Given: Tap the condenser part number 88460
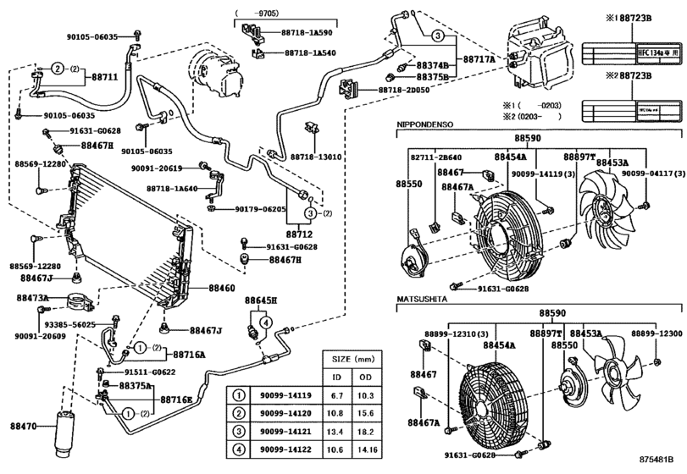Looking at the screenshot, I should point(221,289).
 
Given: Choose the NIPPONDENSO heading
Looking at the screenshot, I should point(425,124).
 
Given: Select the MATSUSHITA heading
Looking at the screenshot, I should point(422,300).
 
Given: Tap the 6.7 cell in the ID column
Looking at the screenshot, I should point(336,394).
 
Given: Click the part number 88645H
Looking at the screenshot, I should point(262,300).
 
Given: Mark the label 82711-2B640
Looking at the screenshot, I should point(438,157).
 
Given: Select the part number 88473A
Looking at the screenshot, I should point(35,298).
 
